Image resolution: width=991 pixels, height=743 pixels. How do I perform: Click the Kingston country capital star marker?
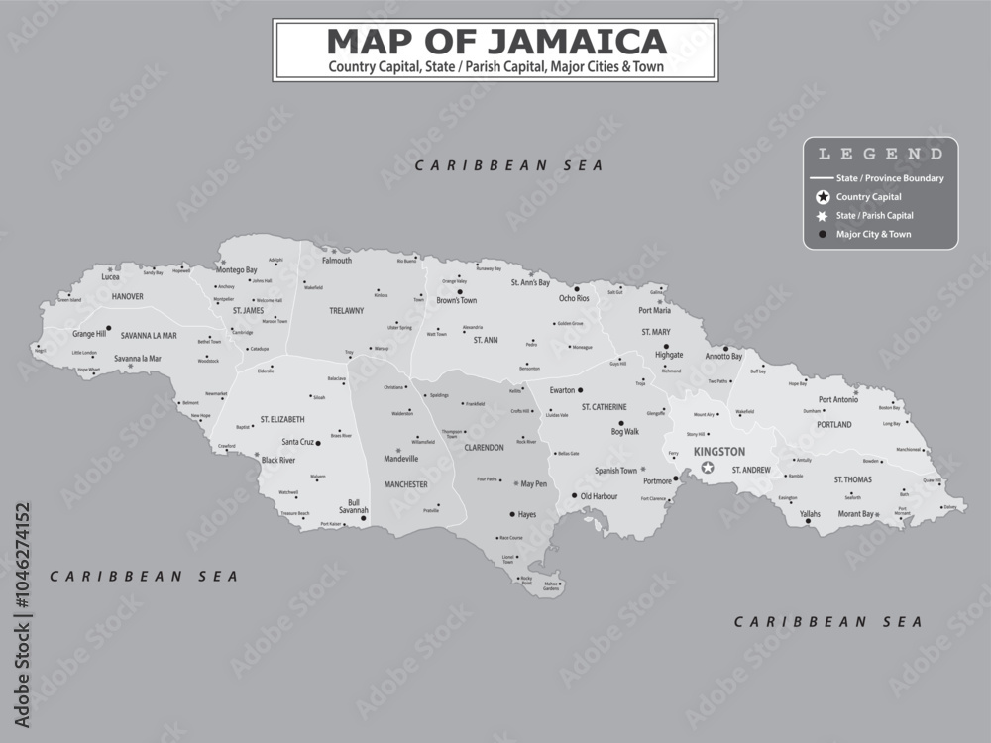(x=707, y=468)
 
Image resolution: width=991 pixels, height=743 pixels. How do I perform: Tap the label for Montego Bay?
(x=237, y=269)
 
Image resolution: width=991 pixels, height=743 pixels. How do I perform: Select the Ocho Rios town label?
(x=574, y=298)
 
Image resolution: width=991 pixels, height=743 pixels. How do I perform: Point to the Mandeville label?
(x=401, y=459)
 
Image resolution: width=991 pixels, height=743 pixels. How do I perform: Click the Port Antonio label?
(x=838, y=400)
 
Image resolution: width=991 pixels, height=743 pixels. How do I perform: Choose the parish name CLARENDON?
(x=485, y=448)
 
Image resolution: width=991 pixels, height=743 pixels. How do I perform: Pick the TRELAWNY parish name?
(x=347, y=310)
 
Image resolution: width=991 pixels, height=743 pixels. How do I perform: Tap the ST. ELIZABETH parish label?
(x=279, y=419)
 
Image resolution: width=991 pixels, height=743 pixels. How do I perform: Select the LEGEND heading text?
(x=880, y=154)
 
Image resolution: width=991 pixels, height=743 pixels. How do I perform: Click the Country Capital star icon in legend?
(x=822, y=197)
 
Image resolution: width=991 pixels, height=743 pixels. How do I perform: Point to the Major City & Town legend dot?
(x=822, y=234)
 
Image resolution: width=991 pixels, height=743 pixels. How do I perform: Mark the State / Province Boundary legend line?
(x=822, y=178)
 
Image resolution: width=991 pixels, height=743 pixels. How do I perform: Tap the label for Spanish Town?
(x=615, y=471)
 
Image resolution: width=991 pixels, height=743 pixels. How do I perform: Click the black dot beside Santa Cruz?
(x=318, y=442)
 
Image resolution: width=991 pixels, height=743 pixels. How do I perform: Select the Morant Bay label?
(x=855, y=514)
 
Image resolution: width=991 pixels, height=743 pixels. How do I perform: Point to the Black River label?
(x=278, y=460)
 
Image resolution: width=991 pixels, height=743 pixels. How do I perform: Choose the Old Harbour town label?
(x=599, y=496)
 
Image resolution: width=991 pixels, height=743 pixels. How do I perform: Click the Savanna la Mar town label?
(x=137, y=358)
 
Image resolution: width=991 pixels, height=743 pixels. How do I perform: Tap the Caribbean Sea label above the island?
(x=509, y=165)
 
